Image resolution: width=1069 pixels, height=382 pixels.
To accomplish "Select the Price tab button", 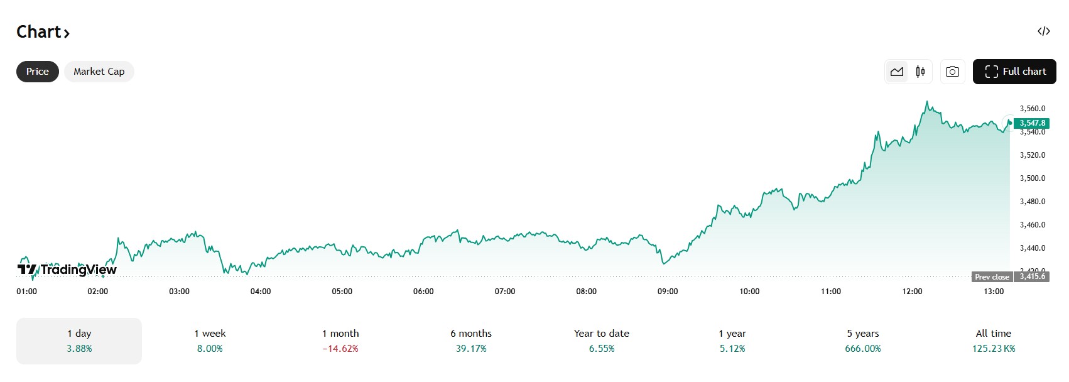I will point(38,72).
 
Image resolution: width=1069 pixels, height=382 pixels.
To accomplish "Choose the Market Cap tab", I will point(99,72).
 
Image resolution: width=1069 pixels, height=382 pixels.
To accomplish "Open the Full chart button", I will point(1014,72).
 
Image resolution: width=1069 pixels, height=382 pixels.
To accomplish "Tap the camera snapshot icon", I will point(952,72).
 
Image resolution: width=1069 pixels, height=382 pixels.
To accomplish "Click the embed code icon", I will point(1044,31).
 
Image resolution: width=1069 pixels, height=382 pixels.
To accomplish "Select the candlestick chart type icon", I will point(920,72).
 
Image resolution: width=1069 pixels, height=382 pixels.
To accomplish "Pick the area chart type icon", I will point(897,72).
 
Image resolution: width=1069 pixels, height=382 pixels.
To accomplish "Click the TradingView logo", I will point(67,270).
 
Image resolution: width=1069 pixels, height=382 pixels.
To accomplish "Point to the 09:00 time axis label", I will point(668,292).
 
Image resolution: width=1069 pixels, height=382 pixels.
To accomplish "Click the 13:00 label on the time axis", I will point(994,292).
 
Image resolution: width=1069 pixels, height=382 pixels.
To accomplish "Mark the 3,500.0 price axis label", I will point(1033,178).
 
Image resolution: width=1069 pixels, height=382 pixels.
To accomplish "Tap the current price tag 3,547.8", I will point(1032,123).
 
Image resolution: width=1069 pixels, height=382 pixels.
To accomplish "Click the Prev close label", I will point(992,277).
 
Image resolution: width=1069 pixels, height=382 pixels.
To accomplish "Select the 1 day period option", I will point(79,341).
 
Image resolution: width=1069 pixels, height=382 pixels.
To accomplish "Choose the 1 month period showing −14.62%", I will point(340,341).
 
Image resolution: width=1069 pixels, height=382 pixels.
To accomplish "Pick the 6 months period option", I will point(471,341).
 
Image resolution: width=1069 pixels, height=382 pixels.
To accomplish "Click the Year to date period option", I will point(602,341).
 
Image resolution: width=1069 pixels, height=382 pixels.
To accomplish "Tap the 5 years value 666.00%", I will point(863,349).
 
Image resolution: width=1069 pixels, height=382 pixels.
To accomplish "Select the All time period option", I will point(994,341).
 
